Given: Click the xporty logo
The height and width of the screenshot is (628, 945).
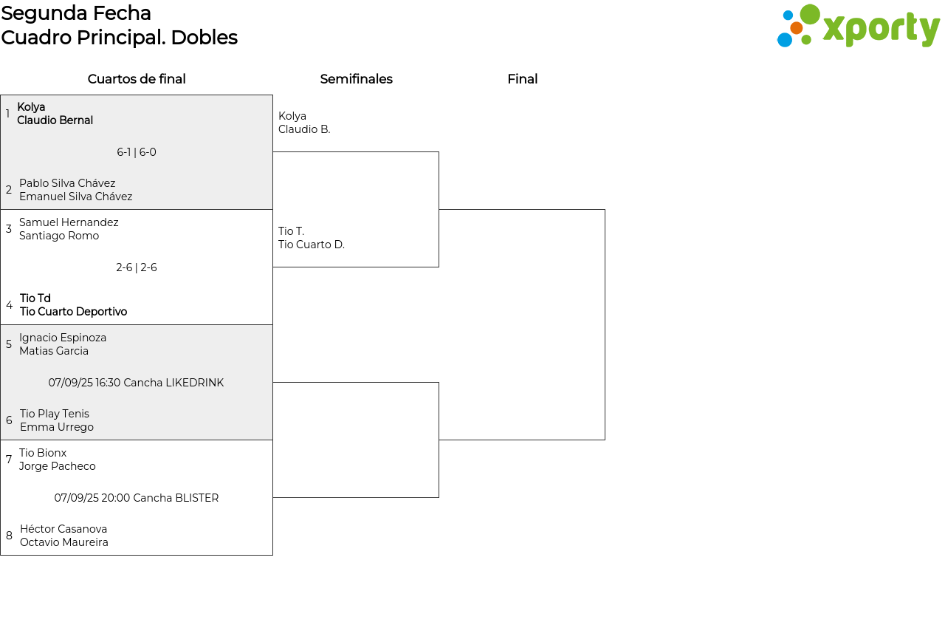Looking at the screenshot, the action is (x=858, y=26).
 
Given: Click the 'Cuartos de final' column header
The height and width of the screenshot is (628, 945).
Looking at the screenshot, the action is (x=137, y=79).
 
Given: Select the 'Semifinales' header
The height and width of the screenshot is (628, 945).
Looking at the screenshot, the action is (x=356, y=79).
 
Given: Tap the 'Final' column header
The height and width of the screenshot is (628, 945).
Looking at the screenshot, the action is (x=522, y=79).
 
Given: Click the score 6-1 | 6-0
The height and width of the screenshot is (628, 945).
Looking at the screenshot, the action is (x=137, y=152).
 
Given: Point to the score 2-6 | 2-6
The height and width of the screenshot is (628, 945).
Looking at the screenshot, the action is (x=137, y=267).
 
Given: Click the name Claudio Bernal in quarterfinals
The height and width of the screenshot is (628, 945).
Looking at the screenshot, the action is (x=55, y=120).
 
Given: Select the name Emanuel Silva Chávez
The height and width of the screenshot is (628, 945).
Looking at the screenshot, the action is (x=76, y=197).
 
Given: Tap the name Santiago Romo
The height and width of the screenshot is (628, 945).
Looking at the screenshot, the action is (x=59, y=236).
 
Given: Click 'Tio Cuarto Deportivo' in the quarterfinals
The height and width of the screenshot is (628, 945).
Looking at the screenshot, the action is (x=73, y=312).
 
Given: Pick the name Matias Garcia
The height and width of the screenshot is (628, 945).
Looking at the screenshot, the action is (x=54, y=351).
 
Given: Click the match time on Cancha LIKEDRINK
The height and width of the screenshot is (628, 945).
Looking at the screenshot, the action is (x=136, y=383).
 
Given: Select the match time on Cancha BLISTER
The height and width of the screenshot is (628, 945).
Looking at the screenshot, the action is (x=137, y=497).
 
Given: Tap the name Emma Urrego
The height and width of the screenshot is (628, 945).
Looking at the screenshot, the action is (x=57, y=427).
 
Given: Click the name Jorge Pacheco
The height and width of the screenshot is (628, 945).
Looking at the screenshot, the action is (x=58, y=466).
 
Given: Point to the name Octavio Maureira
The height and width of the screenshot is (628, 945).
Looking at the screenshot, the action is (x=64, y=542).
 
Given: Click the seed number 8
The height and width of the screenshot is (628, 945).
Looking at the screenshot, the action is (x=9, y=535).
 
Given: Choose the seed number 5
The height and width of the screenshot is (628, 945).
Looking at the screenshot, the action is (x=9, y=344).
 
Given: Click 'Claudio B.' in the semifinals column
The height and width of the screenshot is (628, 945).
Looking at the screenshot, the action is (x=304, y=129).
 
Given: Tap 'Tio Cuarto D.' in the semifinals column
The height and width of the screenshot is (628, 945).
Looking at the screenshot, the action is (x=312, y=245).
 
